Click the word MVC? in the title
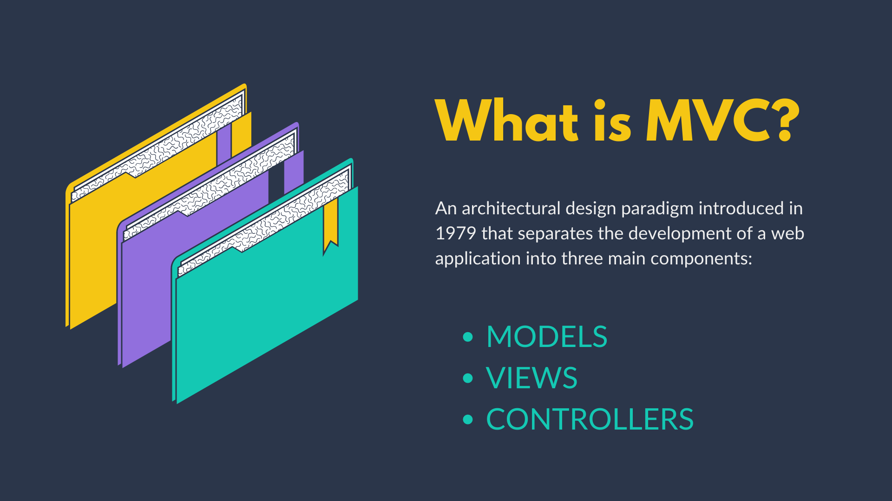(x=723, y=120)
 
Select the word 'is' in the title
(x=612, y=120)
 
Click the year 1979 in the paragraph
(x=455, y=233)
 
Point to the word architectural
(x=511, y=208)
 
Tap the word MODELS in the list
(x=547, y=336)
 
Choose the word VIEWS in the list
(x=531, y=378)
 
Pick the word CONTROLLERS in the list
(x=590, y=419)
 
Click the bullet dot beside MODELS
(x=468, y=337)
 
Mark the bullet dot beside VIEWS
(x=468, y=378)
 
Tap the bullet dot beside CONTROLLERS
(x=468, y=420)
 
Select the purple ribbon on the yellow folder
(x=224, y=143)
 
